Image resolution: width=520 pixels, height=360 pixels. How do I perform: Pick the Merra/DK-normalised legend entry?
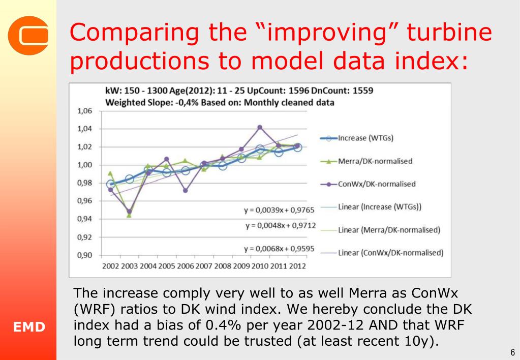[375, 161]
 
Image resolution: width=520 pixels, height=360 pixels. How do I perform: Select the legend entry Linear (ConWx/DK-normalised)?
[390, 253]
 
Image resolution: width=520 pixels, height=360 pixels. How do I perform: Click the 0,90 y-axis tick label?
[84, 256]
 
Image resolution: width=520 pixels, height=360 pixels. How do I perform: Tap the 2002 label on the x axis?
[111, 266]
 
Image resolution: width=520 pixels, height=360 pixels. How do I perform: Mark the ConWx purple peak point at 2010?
[260, 127]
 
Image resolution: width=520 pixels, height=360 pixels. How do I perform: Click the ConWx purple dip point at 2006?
[186, 191]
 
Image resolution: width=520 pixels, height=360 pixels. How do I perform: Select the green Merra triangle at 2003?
[129, 215]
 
